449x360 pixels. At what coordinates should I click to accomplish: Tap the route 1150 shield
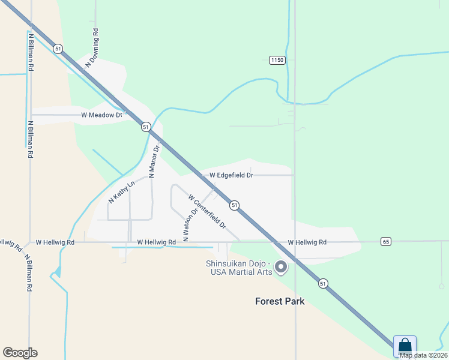click(277, 60)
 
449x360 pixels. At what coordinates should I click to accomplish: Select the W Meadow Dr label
click(101, 114)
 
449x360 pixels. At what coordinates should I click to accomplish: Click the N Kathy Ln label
click(122, 191)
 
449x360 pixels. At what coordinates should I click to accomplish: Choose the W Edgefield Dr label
click(228, 175)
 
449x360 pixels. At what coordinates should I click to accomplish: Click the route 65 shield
click(385, 241)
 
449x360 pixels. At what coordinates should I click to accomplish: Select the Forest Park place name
click(279, 301)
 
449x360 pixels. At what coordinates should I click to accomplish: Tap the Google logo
click(20, 352)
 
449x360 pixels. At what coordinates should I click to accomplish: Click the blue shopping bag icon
click(405, 346)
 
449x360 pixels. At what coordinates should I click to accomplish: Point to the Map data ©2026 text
click(423, 355)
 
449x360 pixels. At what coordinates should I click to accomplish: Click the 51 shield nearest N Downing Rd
click(58, 49)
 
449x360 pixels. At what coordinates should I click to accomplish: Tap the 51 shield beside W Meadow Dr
click(146, 127)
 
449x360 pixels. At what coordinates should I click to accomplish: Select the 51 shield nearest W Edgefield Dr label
click(235, 205)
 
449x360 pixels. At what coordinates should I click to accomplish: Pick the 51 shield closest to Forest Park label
click(323, 283)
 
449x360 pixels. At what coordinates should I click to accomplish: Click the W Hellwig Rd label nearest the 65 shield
click(307, 242)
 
